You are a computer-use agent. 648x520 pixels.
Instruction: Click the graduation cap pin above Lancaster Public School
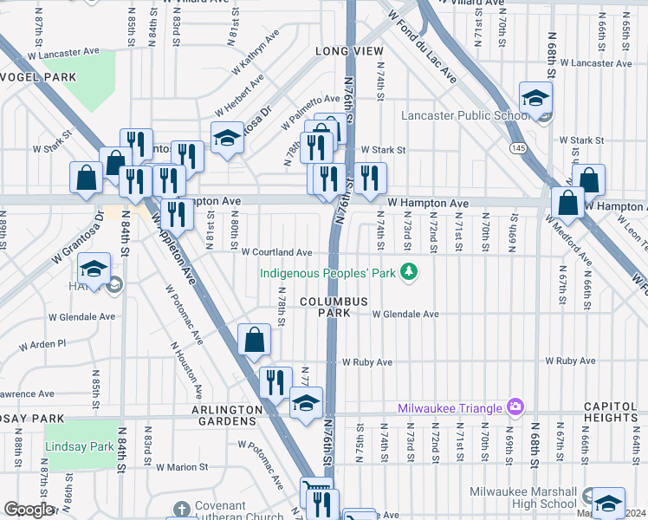[x=535, y=98]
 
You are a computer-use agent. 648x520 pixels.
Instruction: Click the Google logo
[x=29, y=510]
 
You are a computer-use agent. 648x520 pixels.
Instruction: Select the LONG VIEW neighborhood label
[x=349, y=52]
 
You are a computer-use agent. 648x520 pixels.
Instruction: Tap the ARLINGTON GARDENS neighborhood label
[x=222, y=415]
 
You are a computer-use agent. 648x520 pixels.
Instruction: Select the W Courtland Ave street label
[x=276, y=252]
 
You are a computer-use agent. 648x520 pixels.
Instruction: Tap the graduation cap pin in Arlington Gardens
[x=306, y=402]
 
